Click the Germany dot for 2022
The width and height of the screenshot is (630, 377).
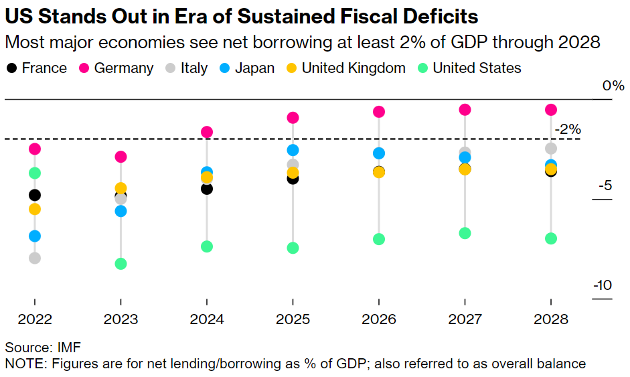[x=35, y=149]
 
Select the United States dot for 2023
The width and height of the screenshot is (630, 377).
[x=121, y=263]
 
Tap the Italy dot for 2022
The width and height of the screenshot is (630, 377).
[x=35, y=258]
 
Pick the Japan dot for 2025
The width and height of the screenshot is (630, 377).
[x=293, y=150]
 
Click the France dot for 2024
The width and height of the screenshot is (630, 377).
[x=207, y=188]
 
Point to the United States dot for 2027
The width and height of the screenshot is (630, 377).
[x=465, y=233]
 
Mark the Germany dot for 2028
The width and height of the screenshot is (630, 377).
[x=550, y=110]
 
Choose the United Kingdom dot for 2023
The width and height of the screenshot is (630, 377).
[x=121, y=188]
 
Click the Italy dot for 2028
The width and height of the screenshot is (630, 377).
[x=550, y=148]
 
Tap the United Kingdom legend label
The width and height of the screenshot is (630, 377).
[x=353, y=68]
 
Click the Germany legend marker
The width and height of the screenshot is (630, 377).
[x=84, y=68]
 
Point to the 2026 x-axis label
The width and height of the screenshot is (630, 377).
[x=379, y=319]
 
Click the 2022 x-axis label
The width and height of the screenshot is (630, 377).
[x=35, y=319]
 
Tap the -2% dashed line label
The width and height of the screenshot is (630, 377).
[x=567, y=129]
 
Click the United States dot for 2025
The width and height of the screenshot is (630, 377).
[x=293, y=248]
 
